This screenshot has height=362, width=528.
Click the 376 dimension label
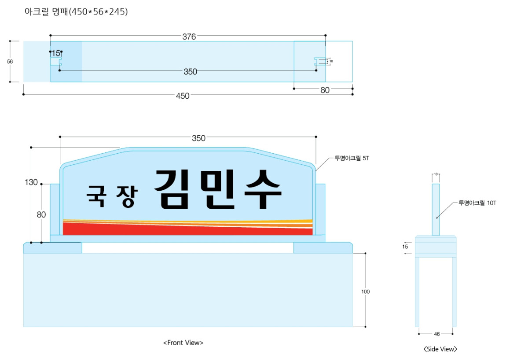(189, 37)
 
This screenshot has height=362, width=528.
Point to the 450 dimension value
(183, 96)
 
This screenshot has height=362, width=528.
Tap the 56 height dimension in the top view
(10, 62)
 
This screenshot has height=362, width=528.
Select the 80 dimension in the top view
(325, 90)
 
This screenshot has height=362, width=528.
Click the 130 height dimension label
(31, 182)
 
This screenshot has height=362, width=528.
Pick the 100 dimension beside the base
(365, 292)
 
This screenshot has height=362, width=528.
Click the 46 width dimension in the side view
(437, 334)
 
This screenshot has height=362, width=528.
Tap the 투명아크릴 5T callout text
(352, 158)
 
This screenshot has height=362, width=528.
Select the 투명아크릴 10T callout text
(477, 203)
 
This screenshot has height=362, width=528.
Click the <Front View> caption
(183, 343)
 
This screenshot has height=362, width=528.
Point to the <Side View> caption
(440, 349)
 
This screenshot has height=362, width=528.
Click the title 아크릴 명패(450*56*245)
(76, 11)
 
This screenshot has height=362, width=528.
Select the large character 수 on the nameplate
(263, 189)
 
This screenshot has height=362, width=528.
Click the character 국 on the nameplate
(96, 196)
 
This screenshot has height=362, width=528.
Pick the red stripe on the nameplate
(187, 229)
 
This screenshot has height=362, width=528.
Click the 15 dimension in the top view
(56, 53)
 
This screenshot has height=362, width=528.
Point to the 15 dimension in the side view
(405, 247)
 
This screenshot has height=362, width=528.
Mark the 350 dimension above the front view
(198, 138)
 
